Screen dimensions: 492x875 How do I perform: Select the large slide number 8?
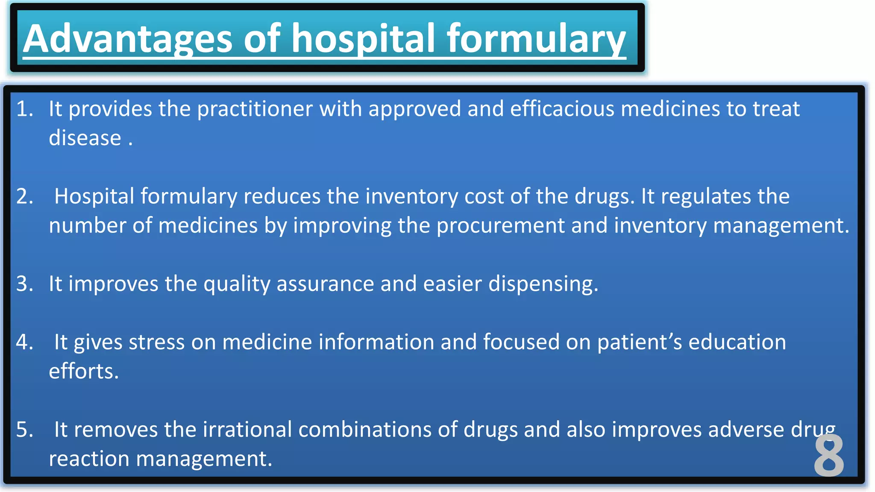(829, 456)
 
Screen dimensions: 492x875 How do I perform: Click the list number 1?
(25, 109)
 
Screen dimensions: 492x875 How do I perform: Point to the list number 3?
(25, 284)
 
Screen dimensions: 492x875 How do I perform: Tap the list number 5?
(25, 430)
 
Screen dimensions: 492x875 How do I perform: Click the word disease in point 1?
(85, 138)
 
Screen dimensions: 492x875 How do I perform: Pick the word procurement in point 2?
(500, 225)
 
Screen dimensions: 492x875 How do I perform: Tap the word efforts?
(83, 372)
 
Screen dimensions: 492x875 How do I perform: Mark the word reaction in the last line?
(89, 459)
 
